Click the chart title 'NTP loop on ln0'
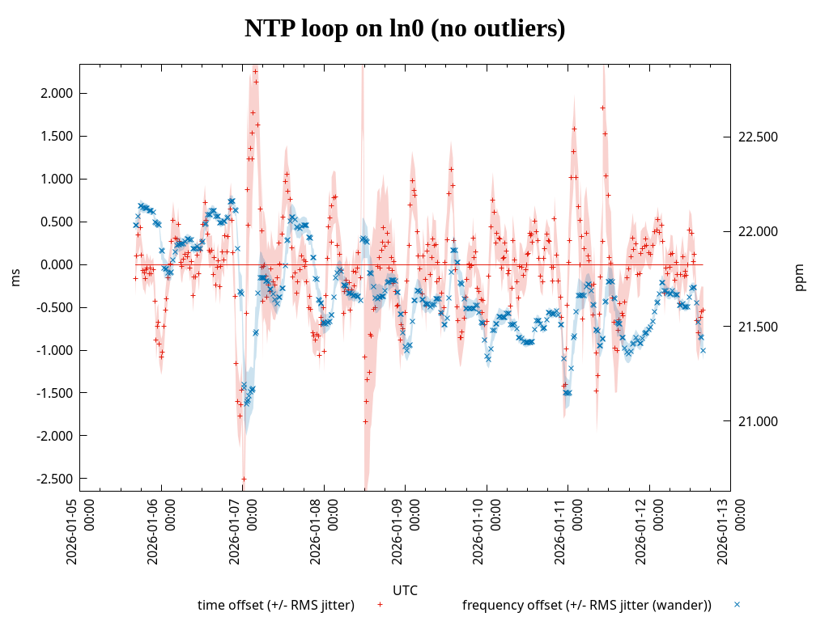point(405,29)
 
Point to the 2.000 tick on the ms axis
point(57,93)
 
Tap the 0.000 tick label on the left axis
point(57,264)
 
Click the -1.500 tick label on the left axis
point(55,393)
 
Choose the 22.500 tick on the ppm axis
point(759,137)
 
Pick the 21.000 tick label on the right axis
point(759,421)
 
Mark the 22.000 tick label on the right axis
point(759,232)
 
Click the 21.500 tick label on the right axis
point(759,327)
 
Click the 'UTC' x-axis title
point(405,590)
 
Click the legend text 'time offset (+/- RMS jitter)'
point(276,605)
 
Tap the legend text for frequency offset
point(586,605)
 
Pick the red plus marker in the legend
point(380,604)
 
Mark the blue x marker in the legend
point(737,604)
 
